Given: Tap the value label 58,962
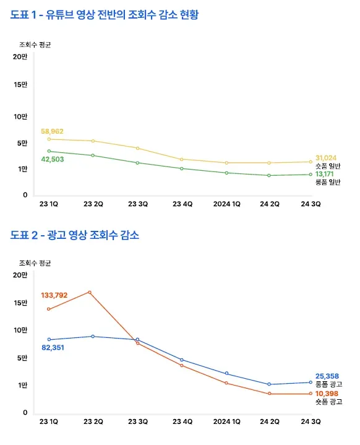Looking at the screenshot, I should [52, 131].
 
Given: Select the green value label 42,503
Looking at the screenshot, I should [52, 159].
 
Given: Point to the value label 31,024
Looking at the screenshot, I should [327, 158].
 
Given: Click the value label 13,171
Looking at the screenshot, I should [325, 174].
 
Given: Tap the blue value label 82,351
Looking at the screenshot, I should [53, 347].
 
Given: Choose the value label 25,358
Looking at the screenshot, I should [327, 376].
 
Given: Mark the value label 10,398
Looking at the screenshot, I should [327, 393].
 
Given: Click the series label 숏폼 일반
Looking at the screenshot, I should [328, 166].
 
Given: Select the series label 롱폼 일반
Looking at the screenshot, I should [328, 182].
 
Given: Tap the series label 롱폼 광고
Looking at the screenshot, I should [328, 384].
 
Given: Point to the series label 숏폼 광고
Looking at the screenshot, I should [328, 402].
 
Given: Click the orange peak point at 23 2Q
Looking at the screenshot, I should [90, 292].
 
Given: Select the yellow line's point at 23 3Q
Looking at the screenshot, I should [137, 148].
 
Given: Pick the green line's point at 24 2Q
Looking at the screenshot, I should [269, 175].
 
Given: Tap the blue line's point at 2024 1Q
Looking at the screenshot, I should [226, 373].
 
